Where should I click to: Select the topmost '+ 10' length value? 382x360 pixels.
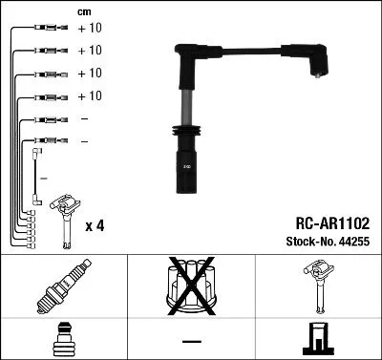tap(89, 28)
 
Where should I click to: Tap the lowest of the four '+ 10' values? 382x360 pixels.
tap(89, 96)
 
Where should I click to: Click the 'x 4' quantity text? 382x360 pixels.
tap(95, 225)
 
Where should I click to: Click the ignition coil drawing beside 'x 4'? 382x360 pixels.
tap(65, 214)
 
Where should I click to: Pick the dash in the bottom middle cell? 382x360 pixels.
tap(191, 340)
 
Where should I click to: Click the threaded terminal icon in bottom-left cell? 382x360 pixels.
tap(64, 339)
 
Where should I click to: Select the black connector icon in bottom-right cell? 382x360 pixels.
tap(318, 339)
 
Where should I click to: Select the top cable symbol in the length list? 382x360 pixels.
tap(47, 29)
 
